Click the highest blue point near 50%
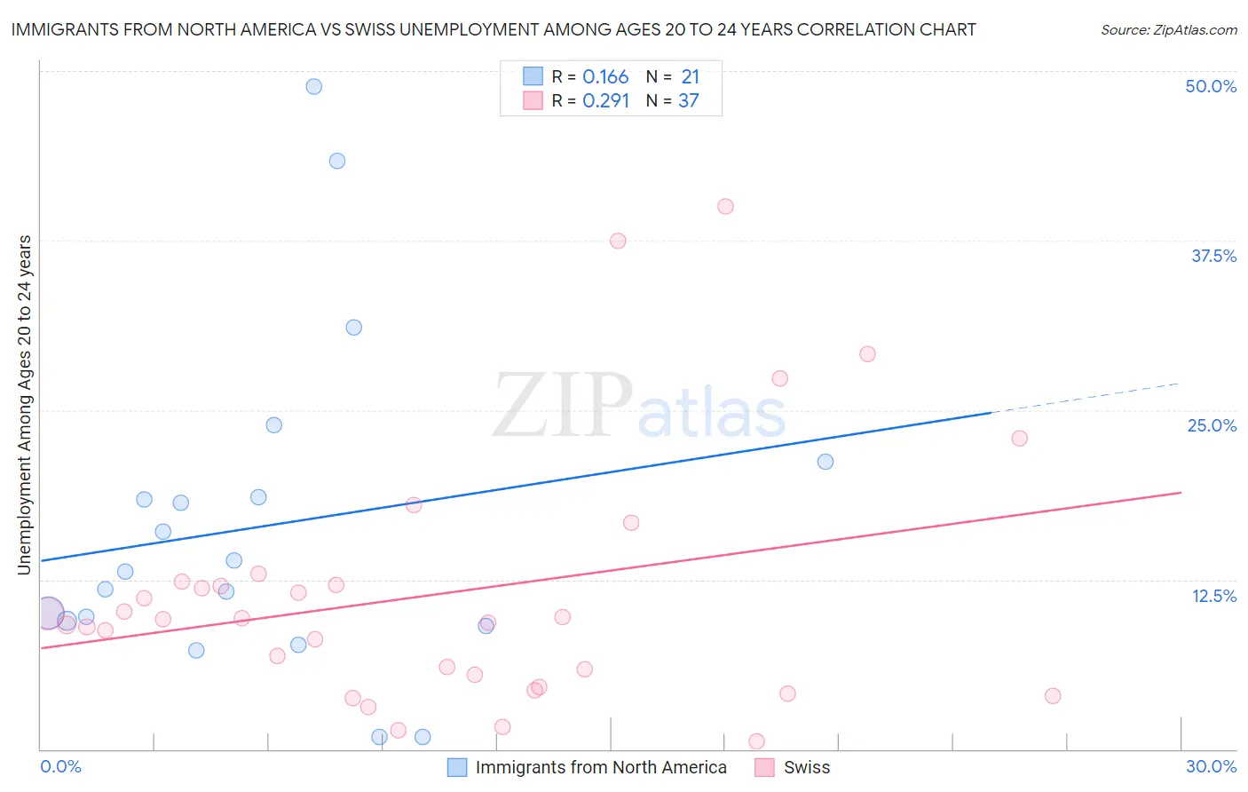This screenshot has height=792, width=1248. click(x=313, y=86)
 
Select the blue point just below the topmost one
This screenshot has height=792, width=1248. click(x=336, y=161)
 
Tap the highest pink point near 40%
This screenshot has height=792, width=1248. click(x=725, y=206)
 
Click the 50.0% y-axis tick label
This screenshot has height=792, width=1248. click(x=1211, y=86)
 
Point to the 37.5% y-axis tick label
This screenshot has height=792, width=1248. click(x=1213, y=256)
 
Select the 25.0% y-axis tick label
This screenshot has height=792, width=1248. click(x=1212, y=425)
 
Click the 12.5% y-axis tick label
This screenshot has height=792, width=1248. click(x=1213, y=596)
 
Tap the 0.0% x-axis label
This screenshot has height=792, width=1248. click(x=60, y=766)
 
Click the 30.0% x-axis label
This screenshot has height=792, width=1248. click(x=1211, y=766)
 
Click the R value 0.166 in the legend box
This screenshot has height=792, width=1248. click(x=605, y=77)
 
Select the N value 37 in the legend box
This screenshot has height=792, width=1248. click(x=689, y=101)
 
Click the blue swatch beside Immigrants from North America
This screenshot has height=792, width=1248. click(x=457, y=767)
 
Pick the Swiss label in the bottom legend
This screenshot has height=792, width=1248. click(x=806, y=767)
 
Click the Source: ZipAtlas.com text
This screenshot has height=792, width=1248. click(x=1168, y=29)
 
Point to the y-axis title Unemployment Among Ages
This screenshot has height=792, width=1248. click(x=25, y=404)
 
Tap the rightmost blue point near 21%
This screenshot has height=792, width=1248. click(x=825, y=462)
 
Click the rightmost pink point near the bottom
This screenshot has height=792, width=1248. click(x=1053, y=695)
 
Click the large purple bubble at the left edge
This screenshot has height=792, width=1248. click(x=49, y=613)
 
